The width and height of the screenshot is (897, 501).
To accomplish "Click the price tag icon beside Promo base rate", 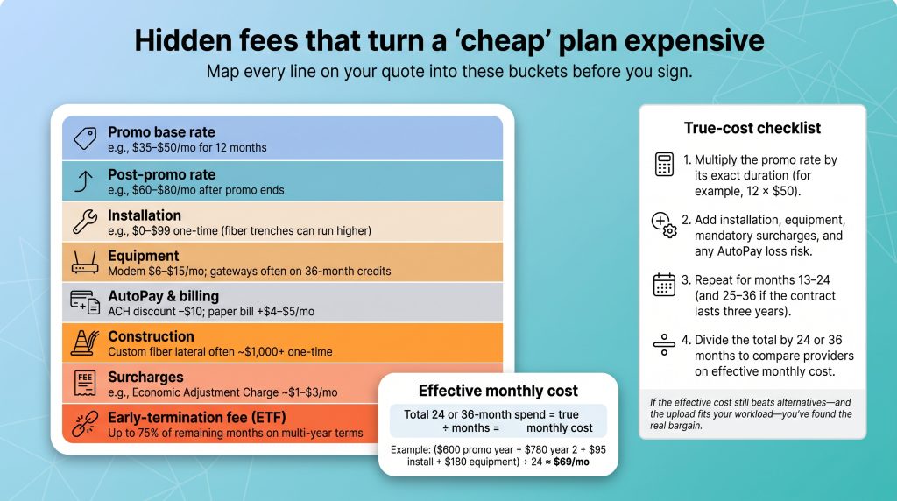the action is [85, 138].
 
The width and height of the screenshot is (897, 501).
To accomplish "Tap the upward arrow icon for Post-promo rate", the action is [84, 180].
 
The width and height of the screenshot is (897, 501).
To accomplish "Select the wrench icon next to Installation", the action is [85, 222].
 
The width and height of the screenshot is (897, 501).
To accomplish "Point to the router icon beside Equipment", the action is [85, 263].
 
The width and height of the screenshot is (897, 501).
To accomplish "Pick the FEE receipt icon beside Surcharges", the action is [85, 383].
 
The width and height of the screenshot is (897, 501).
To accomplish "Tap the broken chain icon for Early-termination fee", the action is [85, 423].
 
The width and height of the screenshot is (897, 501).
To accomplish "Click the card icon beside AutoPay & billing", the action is [85, 302].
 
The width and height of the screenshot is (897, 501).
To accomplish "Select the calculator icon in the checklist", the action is [664, 164].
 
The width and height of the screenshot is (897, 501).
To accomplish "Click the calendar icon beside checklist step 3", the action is [664, 285].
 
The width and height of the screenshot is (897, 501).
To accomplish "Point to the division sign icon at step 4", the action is [664, 344].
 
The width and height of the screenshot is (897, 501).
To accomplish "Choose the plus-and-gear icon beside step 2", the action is [664, 224].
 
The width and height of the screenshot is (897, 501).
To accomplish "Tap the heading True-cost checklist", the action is [752, 128].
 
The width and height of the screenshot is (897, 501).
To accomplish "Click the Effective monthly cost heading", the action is [498, 391].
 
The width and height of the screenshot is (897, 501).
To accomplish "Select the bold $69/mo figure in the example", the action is [571, 462].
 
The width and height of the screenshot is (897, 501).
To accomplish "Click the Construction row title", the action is [151, 336].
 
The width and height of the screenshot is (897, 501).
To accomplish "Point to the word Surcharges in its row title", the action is [146, 377].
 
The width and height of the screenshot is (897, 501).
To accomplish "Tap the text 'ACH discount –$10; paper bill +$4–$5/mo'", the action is [211, 312].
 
